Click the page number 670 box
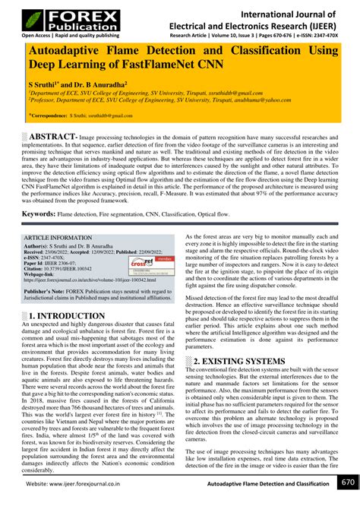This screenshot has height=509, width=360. pos(347,483)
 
